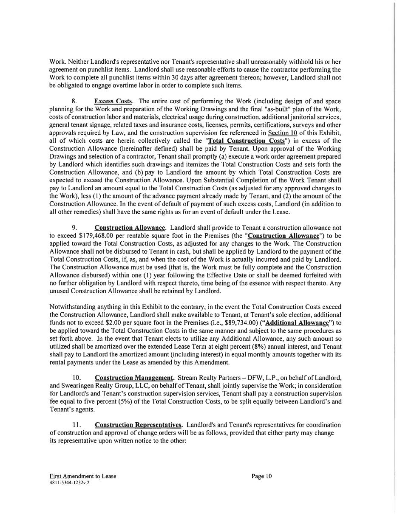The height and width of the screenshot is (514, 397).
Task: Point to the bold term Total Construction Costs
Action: (247, 141)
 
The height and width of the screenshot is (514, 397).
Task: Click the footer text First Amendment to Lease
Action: (82, 476)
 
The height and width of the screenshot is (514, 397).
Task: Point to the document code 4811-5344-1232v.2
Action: (69, 483)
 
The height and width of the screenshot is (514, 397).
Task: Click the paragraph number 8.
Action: (74, 102)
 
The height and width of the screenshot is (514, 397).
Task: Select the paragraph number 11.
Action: (77, 425)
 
